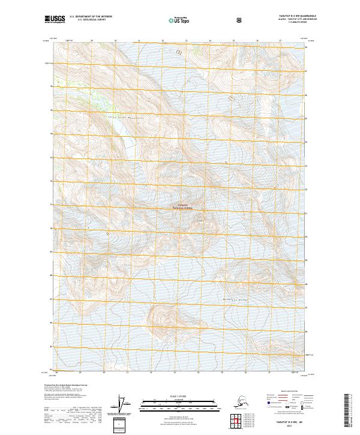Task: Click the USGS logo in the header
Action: pos(53,19)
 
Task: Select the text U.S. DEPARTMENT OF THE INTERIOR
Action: pos(91,17)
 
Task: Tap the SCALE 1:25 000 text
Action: pos(180,396)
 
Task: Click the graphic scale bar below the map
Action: pos(180,404)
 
